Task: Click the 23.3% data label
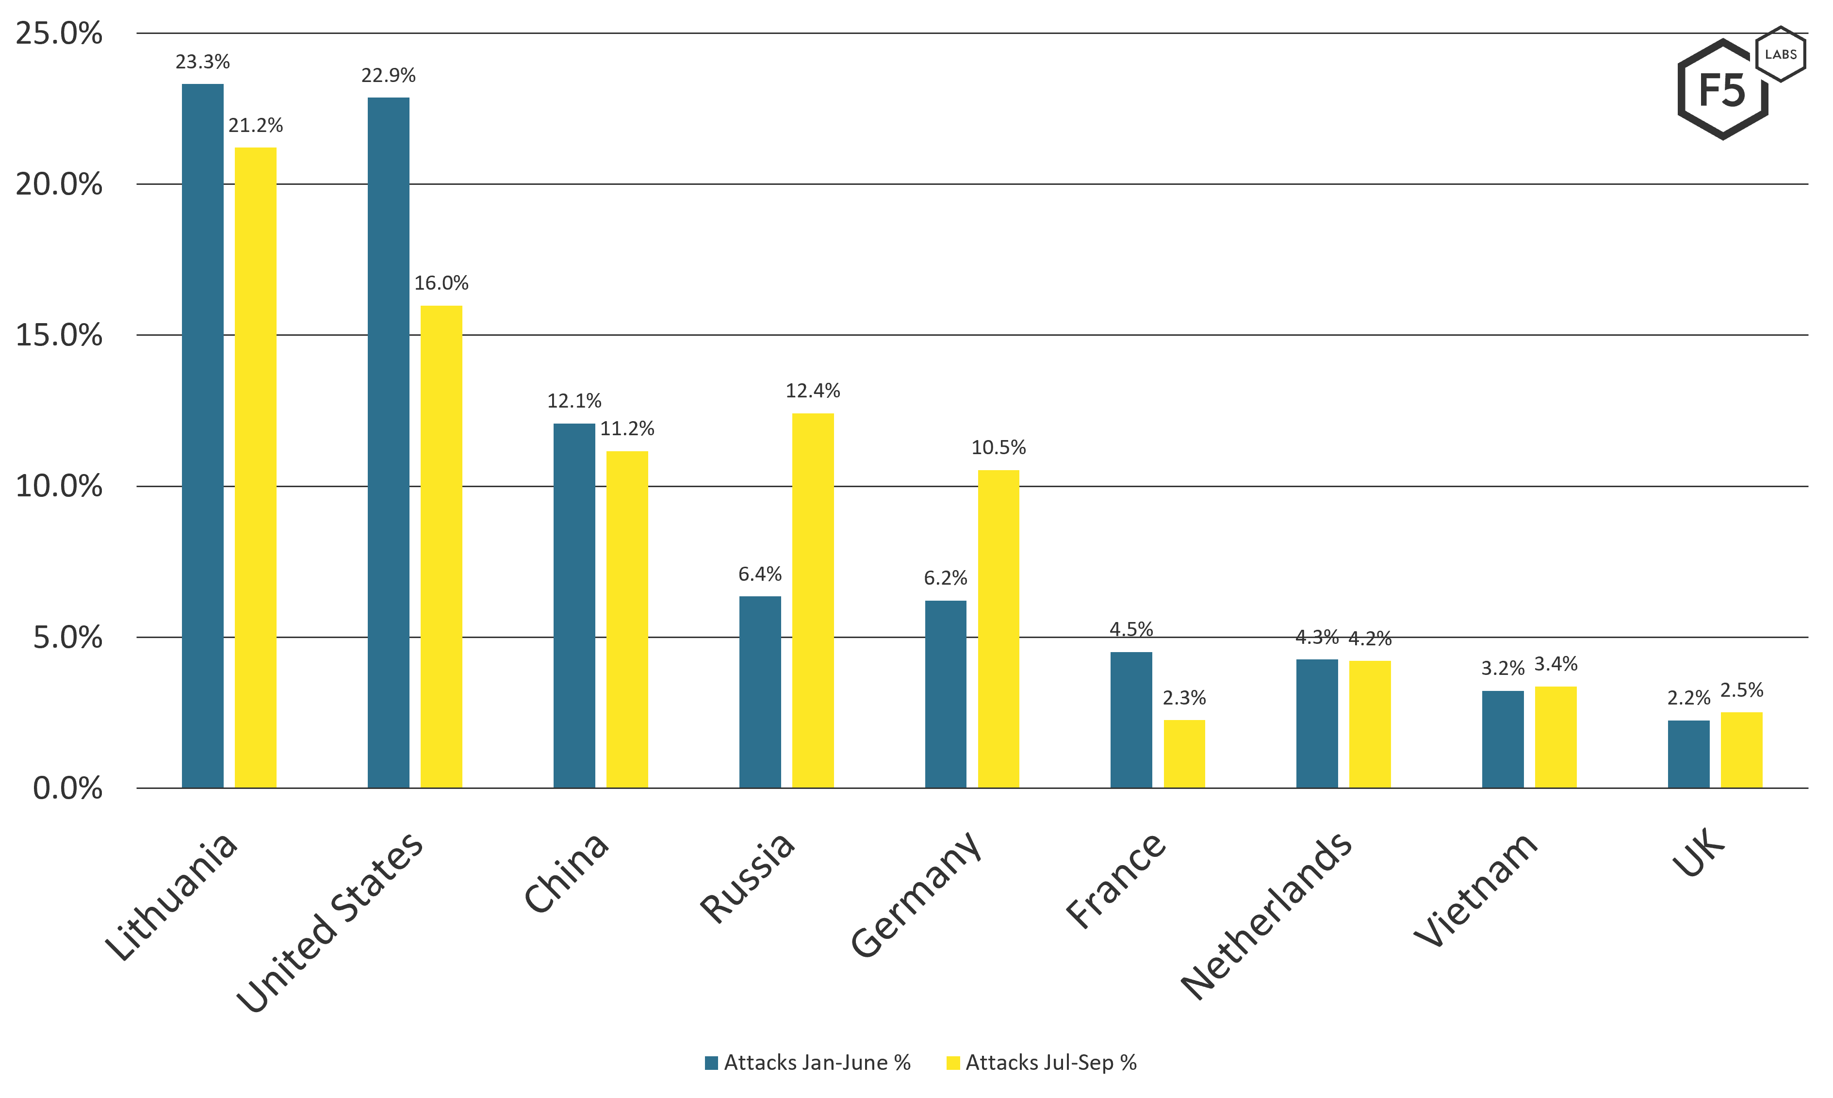[x=203, y=62]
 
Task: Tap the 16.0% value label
[x=442, y=283]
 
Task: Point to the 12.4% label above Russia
[x=813, y=391]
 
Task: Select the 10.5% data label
[x=998, y=448]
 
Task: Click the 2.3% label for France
[x=1184, y=698]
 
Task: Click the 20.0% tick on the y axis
[x=59, y=184]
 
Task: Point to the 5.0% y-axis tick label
[x=68, y=637]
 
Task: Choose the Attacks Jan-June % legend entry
[x=808, y=1063]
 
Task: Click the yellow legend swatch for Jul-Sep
[x=953, y=1063]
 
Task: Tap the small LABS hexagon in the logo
[x=1781, y=54]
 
